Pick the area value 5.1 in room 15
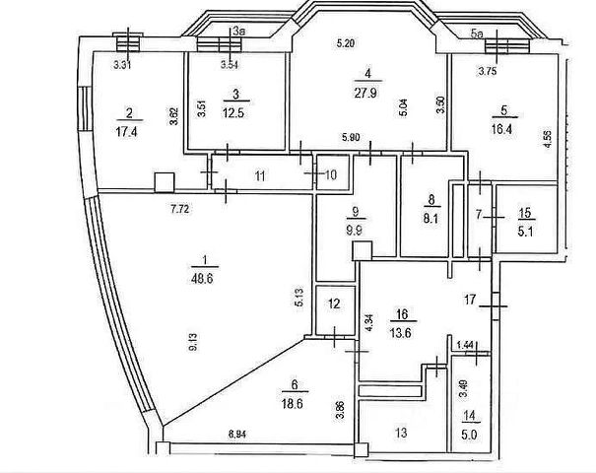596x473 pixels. point(527,234)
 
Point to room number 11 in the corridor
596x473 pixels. point(260,176)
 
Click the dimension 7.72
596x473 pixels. point(178,209)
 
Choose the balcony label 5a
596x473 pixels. point(477,33)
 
